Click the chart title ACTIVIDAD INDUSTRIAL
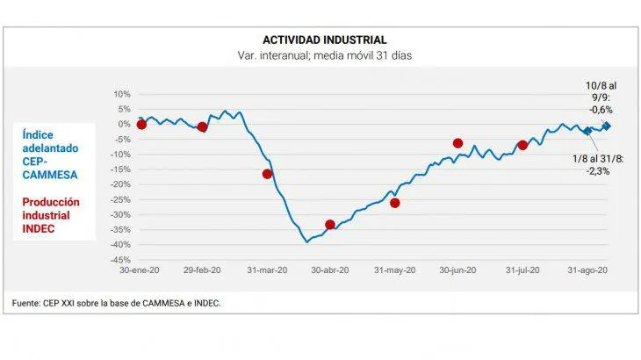(x=324, y=40)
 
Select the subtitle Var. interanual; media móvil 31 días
(x=325, y=55)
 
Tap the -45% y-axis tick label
(x=119, y=260)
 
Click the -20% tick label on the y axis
(x=119, y=184)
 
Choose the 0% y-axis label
(x=124, y=124)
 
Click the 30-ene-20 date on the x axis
(x=141, y=271)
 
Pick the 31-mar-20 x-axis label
(x=267, y=271)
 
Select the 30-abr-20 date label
(x=330, y=271)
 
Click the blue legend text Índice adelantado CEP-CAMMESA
(x=51, y=155)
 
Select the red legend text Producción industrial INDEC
(x=51, y=215)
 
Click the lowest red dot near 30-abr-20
(x=330, y=225)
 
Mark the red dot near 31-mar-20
(x=268, y=174)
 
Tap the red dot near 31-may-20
(x=395, y=203)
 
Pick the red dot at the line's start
(x=141, y=125)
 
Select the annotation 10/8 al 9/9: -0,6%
(x=601, y=97)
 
